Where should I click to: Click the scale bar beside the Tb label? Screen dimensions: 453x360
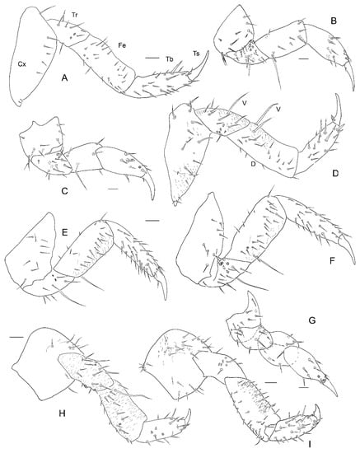[152, 58]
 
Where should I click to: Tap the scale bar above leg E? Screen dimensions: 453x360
[152, 221]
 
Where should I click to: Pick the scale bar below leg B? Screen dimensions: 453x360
[303, 60]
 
